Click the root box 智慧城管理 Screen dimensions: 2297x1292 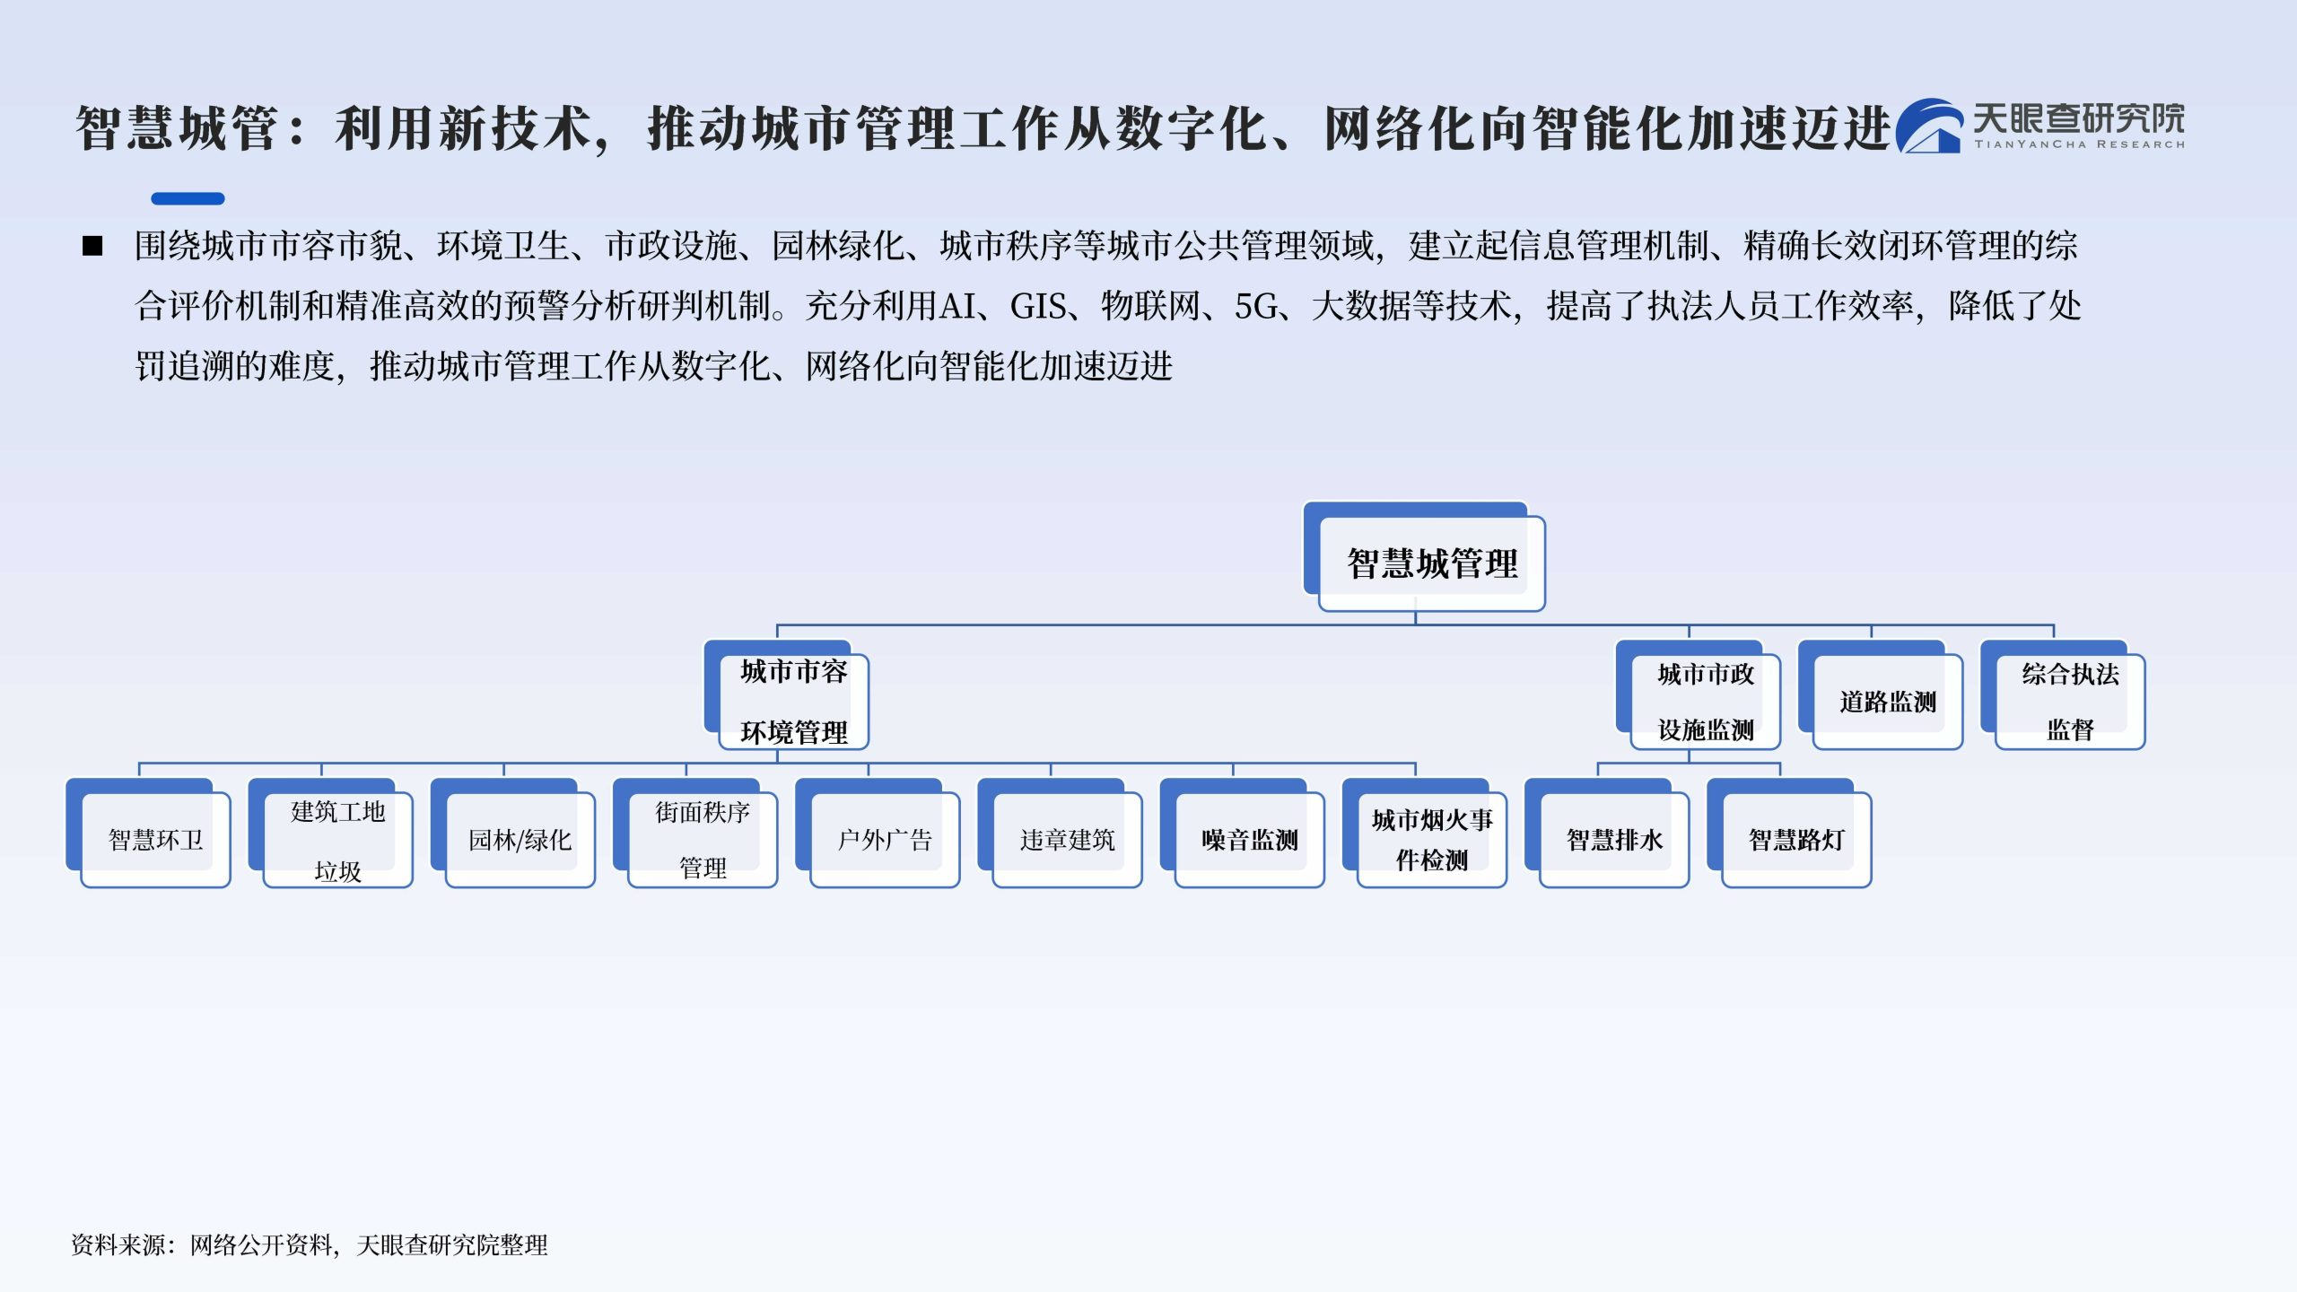1425,557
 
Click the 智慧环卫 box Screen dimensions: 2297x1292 149,834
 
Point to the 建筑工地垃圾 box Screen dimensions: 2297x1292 331,834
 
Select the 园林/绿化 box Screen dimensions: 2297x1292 513,834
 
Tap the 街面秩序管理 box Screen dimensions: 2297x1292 695,834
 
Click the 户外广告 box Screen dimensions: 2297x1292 878,834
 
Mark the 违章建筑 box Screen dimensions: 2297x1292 1060,834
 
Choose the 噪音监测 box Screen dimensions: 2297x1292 1242,834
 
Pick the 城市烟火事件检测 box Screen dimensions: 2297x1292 1425,834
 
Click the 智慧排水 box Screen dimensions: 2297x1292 1607,834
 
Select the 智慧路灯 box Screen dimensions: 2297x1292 1789,834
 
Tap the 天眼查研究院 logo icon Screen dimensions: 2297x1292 1929,126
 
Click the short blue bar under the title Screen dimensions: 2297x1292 188,198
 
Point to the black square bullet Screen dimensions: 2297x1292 92,246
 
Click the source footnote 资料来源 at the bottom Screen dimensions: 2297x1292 310,1245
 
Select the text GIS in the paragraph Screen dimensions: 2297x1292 1039,307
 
